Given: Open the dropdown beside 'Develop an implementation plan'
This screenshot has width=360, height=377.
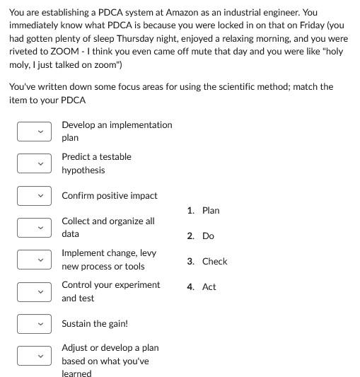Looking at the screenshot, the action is [35, 131].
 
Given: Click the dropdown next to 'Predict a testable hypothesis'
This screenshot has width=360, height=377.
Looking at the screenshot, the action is [35, 163].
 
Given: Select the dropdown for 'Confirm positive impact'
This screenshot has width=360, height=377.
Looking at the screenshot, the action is [35, 195].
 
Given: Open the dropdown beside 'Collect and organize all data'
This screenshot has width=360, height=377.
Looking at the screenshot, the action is [35, 227].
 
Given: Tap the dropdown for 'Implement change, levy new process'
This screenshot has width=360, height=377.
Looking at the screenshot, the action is [35, 260].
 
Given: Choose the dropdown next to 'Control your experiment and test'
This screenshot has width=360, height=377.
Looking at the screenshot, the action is [35, 291].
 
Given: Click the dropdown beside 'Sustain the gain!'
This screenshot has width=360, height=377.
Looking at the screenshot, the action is [35, 323].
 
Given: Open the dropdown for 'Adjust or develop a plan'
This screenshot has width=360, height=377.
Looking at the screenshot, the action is [35, 355].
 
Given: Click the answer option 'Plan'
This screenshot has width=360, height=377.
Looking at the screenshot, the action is [211, 210].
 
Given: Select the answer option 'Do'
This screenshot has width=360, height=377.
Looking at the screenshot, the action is [208, 236].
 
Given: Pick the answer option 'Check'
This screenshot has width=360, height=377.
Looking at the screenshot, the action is [214, 261].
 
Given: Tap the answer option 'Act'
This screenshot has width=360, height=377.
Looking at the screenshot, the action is [209, 286].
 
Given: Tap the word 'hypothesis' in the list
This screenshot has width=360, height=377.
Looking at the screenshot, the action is [83, 170].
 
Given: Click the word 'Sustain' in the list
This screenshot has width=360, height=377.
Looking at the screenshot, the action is [77, 323].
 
